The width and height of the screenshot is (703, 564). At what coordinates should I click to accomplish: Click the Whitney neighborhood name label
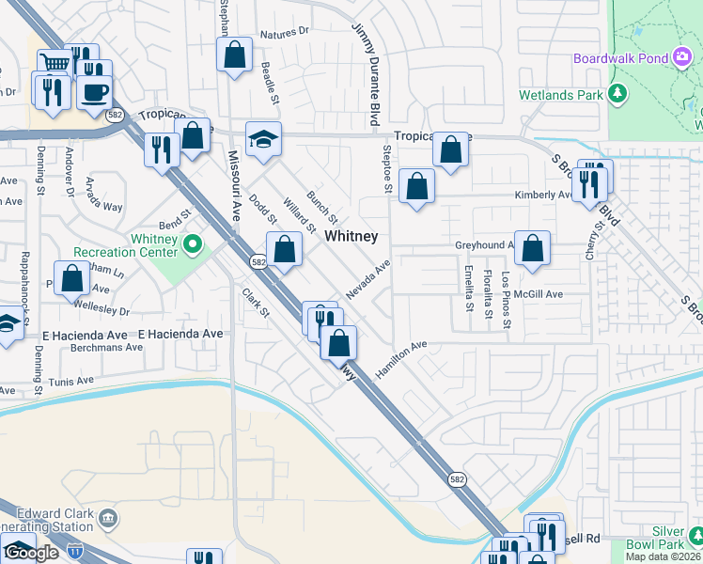tap(351, 237)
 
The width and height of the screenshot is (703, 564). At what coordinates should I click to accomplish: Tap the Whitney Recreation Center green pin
tap(193, 245)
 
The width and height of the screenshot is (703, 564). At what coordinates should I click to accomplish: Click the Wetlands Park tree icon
tap(617, 95)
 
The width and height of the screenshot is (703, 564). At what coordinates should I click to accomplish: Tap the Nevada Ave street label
tap(367, 281)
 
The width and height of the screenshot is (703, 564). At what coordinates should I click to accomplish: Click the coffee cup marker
tap(95, 92)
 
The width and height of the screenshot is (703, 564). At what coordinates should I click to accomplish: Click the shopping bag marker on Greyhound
tap(532, 248)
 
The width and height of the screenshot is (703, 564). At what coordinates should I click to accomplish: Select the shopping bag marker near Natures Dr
tap(235, 54)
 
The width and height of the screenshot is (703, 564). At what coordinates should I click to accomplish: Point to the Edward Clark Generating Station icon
tap(109, 517)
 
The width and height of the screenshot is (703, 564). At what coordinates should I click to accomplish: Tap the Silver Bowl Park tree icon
tap(695, 535)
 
